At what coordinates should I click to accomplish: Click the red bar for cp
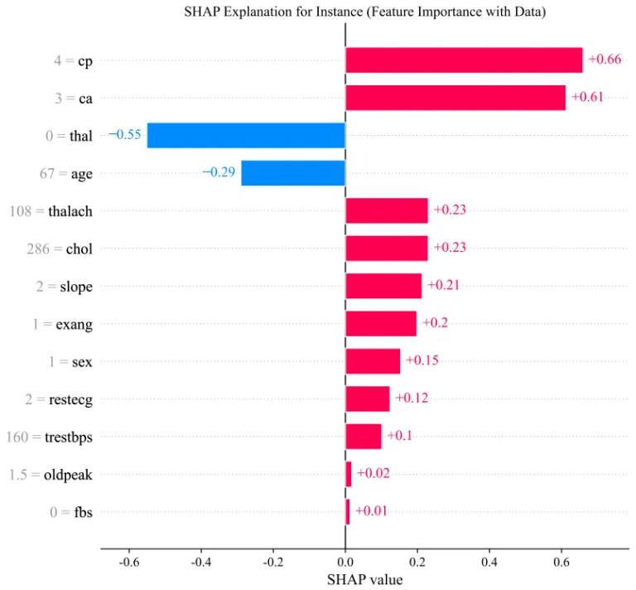(464, 60)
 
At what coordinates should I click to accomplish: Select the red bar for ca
(455, 98)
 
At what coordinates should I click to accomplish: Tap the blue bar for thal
(246, 135)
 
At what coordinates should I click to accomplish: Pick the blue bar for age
(293, 173)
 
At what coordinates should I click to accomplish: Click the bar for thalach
(387, 210)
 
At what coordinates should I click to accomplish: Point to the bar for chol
(387, 248)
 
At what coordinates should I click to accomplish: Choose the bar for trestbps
(364, 436)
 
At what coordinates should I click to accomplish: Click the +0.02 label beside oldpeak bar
(372, 473)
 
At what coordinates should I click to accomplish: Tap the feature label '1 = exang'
(62, 324)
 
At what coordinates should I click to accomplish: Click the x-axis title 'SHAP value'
(364, 579)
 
